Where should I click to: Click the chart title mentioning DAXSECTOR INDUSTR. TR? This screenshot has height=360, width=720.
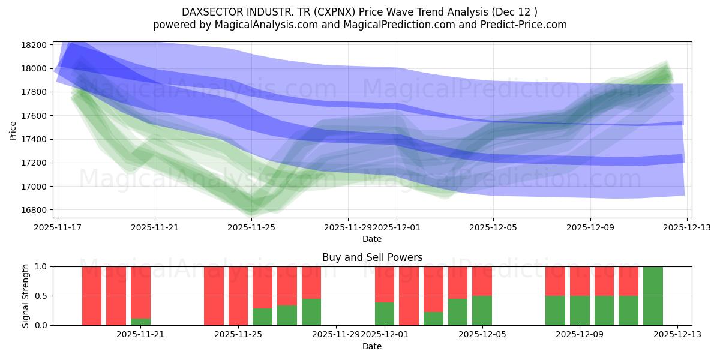pyautogui.click(x=359, y=12)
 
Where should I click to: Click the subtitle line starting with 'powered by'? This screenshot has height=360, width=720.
pyautogui.click(x=359, y=25)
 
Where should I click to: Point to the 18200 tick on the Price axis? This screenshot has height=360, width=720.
pyautogui.click(x=34, y=45)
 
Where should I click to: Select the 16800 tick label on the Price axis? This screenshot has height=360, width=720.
pyautogui.click(x=34, y=210)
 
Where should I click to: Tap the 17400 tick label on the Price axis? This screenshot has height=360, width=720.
pyautogui.click(x=34, y=139)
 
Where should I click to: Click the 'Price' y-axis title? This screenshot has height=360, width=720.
pyautogui.click(x=13, y=130)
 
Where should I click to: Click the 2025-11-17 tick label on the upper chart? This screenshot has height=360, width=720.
pyautogui.click(x=58, y=228)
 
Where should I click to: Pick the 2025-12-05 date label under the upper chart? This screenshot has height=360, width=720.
pyautogui.click(x=493, y=228)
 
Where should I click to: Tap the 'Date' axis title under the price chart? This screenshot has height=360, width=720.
pyautogui.click(x=371, y=239)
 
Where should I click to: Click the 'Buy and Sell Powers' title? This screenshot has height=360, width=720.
pyautogui.click(x=371, y=257)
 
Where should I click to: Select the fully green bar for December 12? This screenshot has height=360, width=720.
pyautogui.click(x=653, y=296)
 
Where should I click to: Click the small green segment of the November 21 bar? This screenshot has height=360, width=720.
pyautogui.click(x=140, y=322)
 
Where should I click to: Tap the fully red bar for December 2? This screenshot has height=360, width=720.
pyautogui.click(x=409, y=296)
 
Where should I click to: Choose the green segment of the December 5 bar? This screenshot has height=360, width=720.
pyautogui.click(x=482, y=310)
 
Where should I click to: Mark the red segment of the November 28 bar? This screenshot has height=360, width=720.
pyautogui.click(x=311, y=282)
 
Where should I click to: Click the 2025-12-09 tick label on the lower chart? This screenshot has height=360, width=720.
pyautogui.click(x=580, y=335)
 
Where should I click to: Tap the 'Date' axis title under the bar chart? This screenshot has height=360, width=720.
pyautogui.click(x=371, y=346)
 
